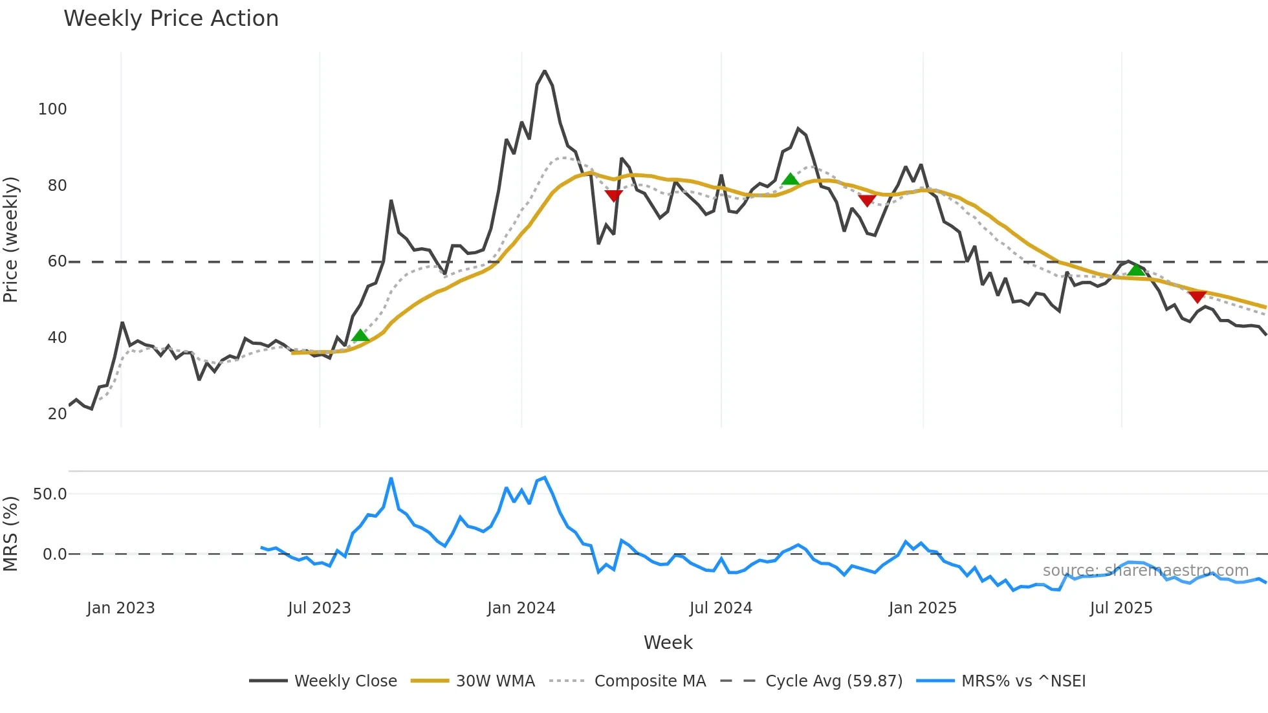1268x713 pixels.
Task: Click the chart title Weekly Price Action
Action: pos(171,19)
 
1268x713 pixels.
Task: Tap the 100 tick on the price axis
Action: pos(52,109)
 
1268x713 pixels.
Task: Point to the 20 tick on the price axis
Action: pos(57,414)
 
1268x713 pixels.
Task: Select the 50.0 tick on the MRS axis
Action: pos(50,494)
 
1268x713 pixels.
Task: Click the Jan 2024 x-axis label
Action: pos(521,608)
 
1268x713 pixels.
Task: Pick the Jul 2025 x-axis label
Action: pos(1121,608)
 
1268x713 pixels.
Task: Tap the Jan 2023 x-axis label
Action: pos(121,608)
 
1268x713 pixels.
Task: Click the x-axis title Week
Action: pos(668,642)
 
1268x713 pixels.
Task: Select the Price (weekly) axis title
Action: pos(11,239)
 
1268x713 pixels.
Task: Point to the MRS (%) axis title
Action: pos(11,534)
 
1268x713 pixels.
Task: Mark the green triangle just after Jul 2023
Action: pos(360,335)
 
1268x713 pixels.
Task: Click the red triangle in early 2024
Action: pos(613,195)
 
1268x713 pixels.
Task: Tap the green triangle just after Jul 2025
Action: pos(1136,270)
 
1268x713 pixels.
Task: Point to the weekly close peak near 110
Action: pos(545,71)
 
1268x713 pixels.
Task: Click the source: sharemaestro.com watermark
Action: pos(1145,571)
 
